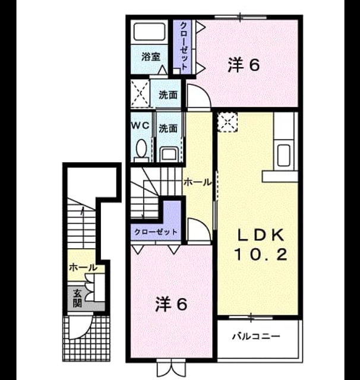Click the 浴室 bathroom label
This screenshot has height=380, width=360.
click(151, 57)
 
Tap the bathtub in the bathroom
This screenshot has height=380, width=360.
click(149, 31)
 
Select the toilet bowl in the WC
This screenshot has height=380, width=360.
click(141, 148)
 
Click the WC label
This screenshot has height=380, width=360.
click(140, 125)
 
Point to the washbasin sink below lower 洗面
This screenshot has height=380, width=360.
click(169, 154)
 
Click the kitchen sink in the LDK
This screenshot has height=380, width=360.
click(283, 155)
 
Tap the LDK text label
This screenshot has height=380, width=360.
click(261, 235)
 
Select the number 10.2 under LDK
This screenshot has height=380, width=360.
click(261, 254)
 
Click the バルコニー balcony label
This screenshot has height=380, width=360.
click(256, 336)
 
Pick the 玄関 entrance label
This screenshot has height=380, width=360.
click(77, 298)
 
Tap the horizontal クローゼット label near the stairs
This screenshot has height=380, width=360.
click(156, 232)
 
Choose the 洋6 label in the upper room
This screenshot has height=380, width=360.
click(244, 65)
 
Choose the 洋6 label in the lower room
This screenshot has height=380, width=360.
click(171, 305)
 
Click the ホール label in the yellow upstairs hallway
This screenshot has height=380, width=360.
click(197, 182)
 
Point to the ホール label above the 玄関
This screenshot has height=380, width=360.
click(83, 268)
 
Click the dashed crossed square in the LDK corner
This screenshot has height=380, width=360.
click(227, 122)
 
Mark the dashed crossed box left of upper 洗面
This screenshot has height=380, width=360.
click(140, 93)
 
